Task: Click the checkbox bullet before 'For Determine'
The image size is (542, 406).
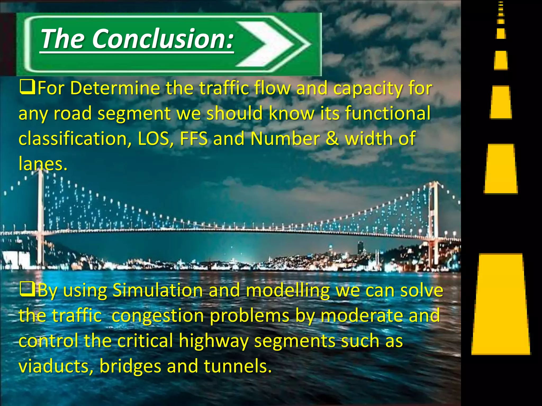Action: coord(27,88)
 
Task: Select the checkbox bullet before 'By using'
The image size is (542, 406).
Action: coord(27,290)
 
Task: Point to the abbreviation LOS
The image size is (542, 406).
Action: coord(153,139)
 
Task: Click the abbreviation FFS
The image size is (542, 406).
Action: coord(193,139)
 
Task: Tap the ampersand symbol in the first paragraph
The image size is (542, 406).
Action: coord(332,139)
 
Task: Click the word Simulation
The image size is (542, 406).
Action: coord(158,290)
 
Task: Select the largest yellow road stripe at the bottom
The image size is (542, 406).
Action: coord(501,304)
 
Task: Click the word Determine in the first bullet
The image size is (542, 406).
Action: coord(115,88)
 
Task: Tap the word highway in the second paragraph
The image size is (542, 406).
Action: coord(213,341)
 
